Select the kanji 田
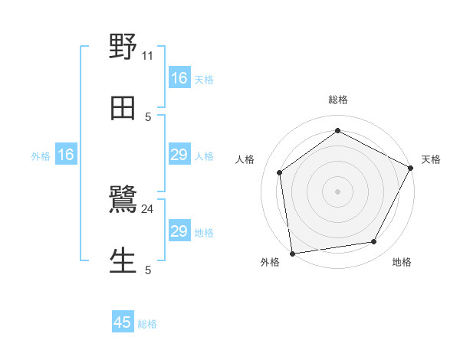click(x=123, y=108)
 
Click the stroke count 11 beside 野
click(x=148, y=55)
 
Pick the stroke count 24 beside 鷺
click(x=148, y=208)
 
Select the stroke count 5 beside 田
click(x=148, y=116)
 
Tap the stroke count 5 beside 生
click(x=148, y=270)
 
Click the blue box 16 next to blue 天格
click(x=179, y=78)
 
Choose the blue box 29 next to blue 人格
click(x=179, y=155)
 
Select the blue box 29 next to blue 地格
click(x=179, y=231)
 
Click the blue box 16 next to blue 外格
click(x=66, y=155)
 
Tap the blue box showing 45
click(x=123, y=322)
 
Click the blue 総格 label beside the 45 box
click(x=147, y=324)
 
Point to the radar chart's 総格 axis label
click(x=338, y=100)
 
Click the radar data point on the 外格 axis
click(x=292, y=254)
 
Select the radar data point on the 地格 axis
click(x=374, y=241)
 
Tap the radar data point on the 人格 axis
click(x=280, y=172)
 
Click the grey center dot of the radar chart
click(x=338, y=191)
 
